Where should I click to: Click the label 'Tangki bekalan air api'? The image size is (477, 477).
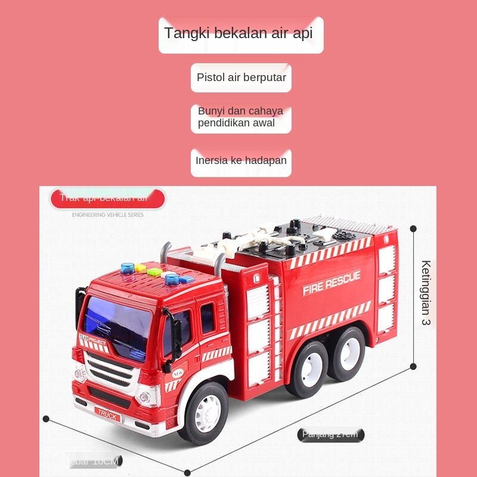(241, 34)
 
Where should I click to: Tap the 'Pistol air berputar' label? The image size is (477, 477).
(241, 78)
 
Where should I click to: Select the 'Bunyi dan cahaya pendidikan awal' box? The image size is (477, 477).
(241, 117)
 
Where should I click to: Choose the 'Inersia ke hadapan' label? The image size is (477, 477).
(241, 161)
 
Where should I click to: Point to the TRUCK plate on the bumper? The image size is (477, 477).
(107, 416)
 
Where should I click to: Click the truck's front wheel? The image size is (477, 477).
(203, 412)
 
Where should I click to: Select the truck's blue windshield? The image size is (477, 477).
(117, 326)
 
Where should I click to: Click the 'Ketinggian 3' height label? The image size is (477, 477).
(425, 292)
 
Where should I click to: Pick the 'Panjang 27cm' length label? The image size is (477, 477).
(330, 434)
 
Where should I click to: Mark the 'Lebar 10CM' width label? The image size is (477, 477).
(92, 461)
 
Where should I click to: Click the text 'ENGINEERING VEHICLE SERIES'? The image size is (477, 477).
(107, 215)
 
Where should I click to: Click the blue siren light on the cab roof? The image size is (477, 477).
(127, 269)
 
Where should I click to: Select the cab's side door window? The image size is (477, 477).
(207, 317)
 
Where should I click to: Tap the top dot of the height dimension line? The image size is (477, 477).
(413, 228)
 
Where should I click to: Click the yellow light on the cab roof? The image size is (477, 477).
(141, 268)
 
